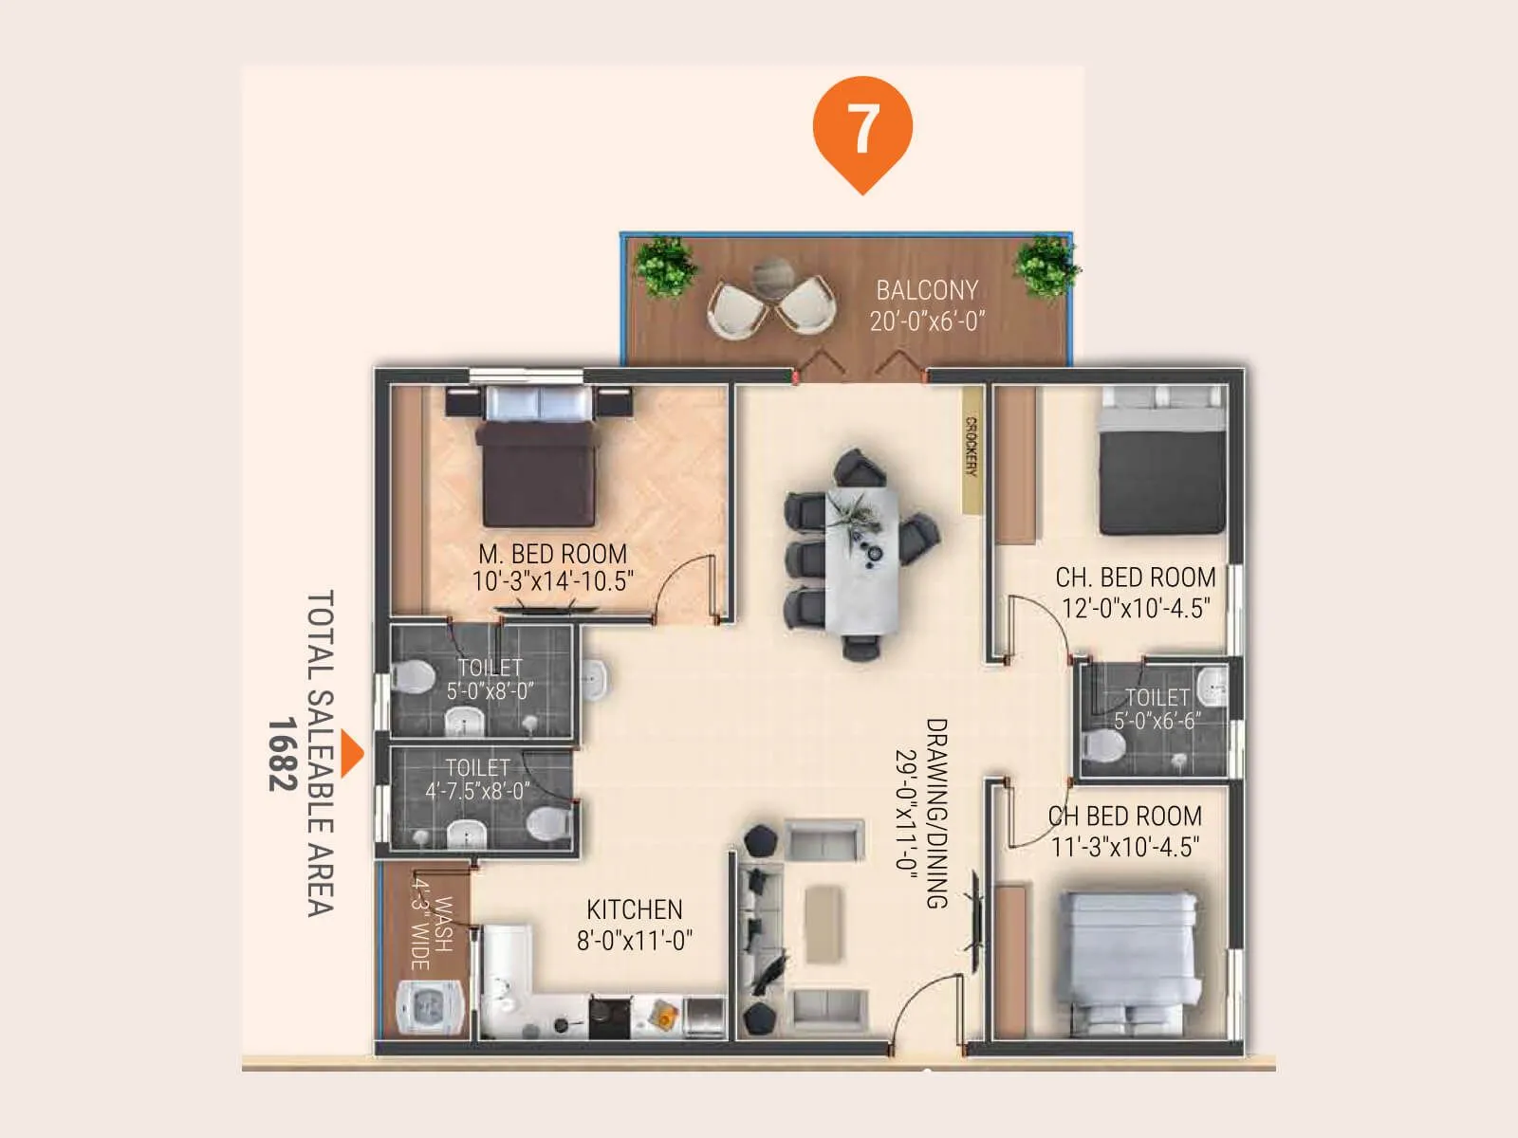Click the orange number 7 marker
(862, 129)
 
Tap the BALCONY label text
(926, 290)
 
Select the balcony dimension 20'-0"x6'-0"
(927, 321)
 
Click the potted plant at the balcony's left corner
(663, 266)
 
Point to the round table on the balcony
(773, 277)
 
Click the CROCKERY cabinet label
(972, 447)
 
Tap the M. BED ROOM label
(552, 554)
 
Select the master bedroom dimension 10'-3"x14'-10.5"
(552, 581)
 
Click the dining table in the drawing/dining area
(861, 559)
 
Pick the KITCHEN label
(634, 909)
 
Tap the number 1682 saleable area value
(282, 754)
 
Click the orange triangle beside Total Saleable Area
(353, 754)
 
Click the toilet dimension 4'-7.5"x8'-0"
(477, 790)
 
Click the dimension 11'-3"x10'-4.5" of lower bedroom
(1125, 846)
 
